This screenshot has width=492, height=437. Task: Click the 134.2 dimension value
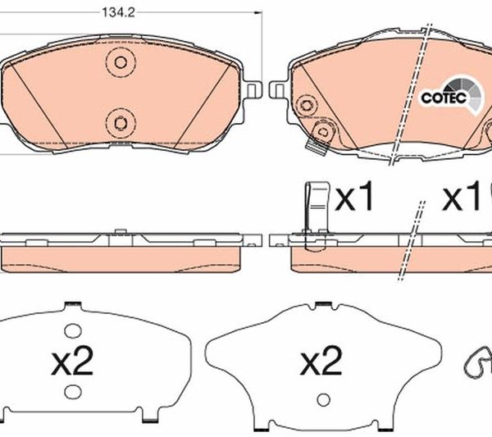click(x=119, y=13)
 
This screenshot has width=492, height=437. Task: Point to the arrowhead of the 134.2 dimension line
click(x=258, y=13)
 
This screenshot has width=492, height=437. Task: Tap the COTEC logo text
click(x=444, y=98)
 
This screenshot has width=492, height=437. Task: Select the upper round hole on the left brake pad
click(x=121, y=62)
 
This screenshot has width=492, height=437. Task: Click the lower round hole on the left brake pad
click(x=121, y=123)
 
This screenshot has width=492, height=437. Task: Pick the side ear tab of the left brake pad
click(x=254, y=91)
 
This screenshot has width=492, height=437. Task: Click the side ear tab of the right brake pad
click(x=277, y=91)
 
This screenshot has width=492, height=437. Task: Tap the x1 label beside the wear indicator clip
click(x=354, y=197)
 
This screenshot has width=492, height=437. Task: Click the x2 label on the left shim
click(x=72, y=361)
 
